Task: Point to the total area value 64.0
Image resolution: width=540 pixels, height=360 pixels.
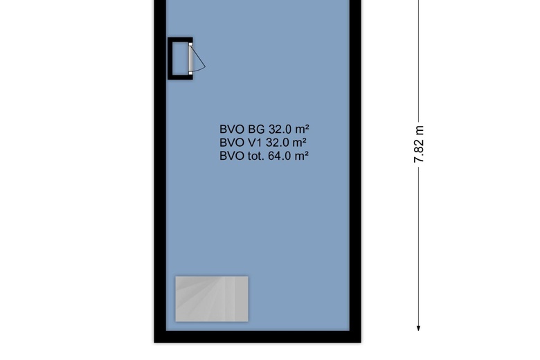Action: pyautogui.click(x=278, y=156)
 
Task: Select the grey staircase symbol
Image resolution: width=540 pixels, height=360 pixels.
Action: pyautogui.click(x=211, y=298)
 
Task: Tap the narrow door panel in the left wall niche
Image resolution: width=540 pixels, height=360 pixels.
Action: pyautogui.click(x=190, y=58)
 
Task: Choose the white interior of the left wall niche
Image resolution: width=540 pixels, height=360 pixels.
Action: pyautogui.click(x=181, y=58)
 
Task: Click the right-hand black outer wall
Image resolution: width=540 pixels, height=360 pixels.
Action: pyautogui.click(x=355, y=173)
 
